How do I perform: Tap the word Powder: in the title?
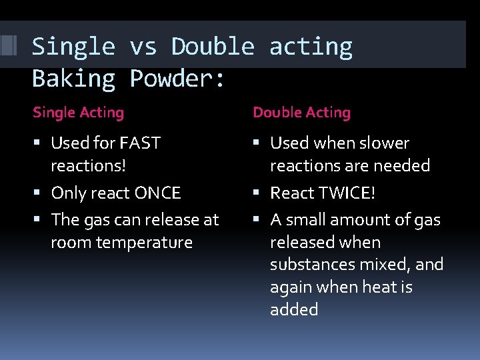178,79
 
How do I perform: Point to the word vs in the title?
143,47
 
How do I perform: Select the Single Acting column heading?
78,113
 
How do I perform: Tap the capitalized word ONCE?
157,193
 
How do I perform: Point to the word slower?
384,143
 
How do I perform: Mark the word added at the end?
293,310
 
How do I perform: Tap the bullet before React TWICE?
259,193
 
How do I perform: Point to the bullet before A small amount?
259,220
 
